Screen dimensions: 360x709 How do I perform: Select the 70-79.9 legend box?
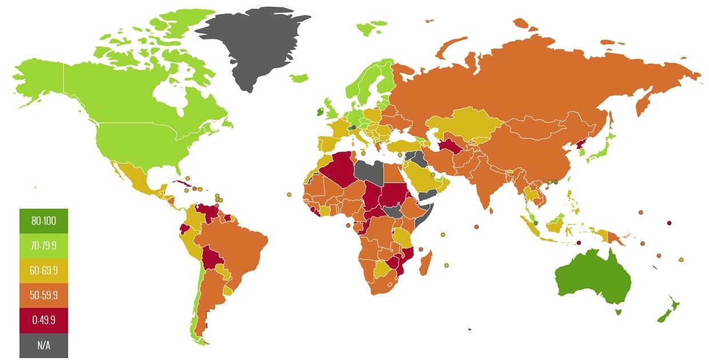pyautogui.click(x=43, y=246)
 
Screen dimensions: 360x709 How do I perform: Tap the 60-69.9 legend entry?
pyautogui.click(x=43, y=271)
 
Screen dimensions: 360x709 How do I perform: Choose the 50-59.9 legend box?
pyautogui.click(x=43, y=296)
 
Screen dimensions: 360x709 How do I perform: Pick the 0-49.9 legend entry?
pyautogui.click(x=43, y=321)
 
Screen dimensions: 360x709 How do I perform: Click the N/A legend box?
pyautogui.click(x=43, y=345)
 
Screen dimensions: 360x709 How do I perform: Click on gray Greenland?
pyautogui.click(x=249, y=43)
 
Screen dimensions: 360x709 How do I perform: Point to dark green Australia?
pyautogui.click(x=592, y=277)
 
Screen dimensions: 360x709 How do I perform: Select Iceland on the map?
pyautogui.click(x=298, y=77)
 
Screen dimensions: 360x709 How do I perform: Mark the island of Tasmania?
pyautogui.click(x=618, y=312)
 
